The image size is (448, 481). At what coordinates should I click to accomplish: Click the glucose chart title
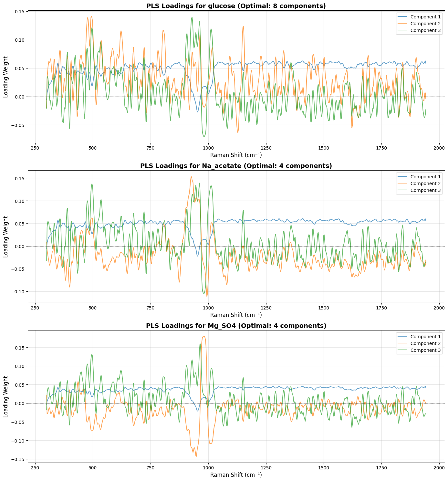(236, 6)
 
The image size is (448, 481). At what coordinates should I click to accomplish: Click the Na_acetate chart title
(236, 166)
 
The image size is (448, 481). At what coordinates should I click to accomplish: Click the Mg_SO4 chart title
(236, 326)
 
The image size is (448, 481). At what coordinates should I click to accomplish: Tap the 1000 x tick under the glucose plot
(208, 148)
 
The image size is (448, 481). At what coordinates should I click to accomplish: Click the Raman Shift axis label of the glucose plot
(236, 155)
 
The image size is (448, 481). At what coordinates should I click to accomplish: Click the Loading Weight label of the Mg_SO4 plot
(6, 396)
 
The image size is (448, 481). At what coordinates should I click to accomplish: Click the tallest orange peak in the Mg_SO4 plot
(204, 336)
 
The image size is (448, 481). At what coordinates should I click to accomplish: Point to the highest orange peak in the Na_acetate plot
(191, 176)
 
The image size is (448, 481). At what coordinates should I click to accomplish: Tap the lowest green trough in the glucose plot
(204, 137)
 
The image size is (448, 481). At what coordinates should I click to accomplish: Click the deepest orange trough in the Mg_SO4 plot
(196, 456)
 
